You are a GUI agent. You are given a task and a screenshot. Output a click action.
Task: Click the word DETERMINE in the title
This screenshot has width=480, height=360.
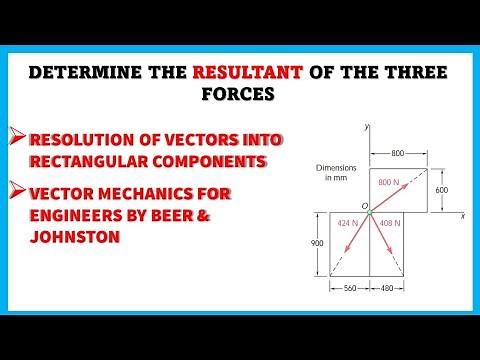(x=95, y=73)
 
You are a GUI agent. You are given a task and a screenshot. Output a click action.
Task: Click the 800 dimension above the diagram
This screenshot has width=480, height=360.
(x=397, y=153)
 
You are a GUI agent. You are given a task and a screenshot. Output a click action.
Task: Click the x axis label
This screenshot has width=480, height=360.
(x=463, y=215)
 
